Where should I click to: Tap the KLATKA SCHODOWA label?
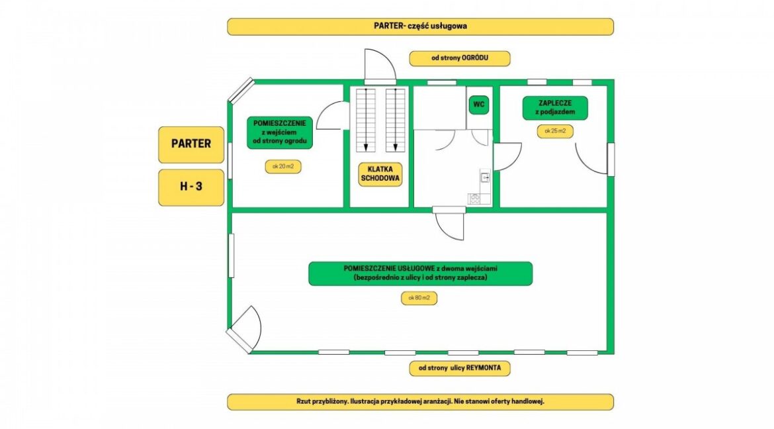376,174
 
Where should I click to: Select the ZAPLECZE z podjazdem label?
554,108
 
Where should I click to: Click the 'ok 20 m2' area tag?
282,167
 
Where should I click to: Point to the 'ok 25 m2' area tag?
554,131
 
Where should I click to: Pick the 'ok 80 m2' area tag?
419,298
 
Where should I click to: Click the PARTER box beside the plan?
191,144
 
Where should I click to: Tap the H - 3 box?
191,187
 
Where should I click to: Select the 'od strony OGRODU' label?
460,58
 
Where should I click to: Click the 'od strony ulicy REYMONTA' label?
460,368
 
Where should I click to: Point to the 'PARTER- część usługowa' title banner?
420,26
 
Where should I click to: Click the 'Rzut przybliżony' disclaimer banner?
420,402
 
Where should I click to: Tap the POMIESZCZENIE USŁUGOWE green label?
420,273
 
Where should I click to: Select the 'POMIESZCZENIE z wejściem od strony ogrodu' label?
279,132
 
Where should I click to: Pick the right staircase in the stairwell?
396,119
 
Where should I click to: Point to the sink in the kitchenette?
485,177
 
